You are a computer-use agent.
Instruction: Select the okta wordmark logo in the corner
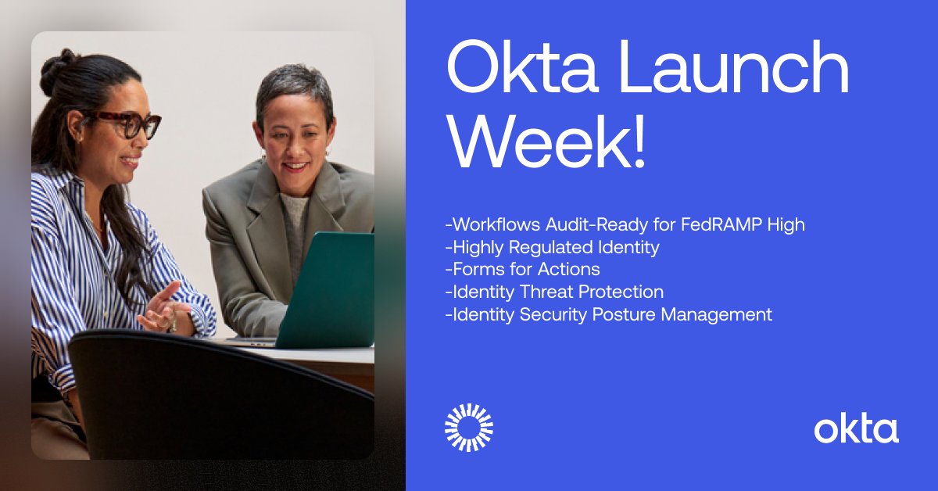856,429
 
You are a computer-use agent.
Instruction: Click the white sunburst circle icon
469,428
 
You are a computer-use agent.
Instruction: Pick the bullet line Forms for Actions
523,270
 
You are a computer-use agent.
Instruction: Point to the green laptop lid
328,289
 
